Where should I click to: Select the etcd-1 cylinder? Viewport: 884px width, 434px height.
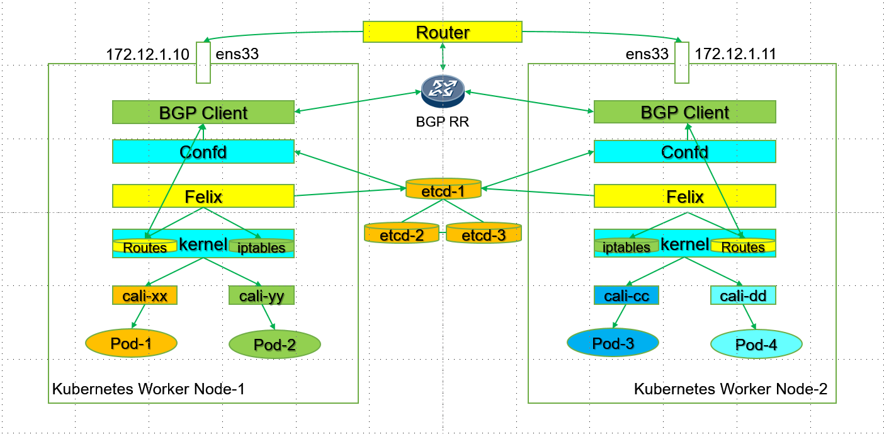[443, 190]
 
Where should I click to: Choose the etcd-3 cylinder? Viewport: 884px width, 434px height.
[484, 234]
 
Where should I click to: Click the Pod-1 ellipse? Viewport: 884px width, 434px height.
[132, 343]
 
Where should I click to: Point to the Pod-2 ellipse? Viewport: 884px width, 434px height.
[275, 344]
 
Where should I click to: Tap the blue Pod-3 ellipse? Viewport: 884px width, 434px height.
[613, 343]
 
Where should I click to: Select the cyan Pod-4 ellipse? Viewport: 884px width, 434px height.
[756, 344]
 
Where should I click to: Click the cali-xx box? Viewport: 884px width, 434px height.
[145, 295]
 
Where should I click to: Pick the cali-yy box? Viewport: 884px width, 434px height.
[261, 295]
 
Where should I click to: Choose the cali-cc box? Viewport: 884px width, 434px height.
[626, 295]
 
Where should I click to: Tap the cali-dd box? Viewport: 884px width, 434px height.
[743, 295]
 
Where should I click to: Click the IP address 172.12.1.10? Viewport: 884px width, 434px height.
[148, 54]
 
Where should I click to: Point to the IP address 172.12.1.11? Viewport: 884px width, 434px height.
[735, 54]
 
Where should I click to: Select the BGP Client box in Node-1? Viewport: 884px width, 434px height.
[203, 112]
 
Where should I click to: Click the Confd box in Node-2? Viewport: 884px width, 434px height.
[684, 152]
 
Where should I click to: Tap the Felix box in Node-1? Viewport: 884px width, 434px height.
[203, 196]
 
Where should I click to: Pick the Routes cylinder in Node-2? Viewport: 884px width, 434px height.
[743, 246]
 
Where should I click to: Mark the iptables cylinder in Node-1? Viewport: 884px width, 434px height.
[261, 247]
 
